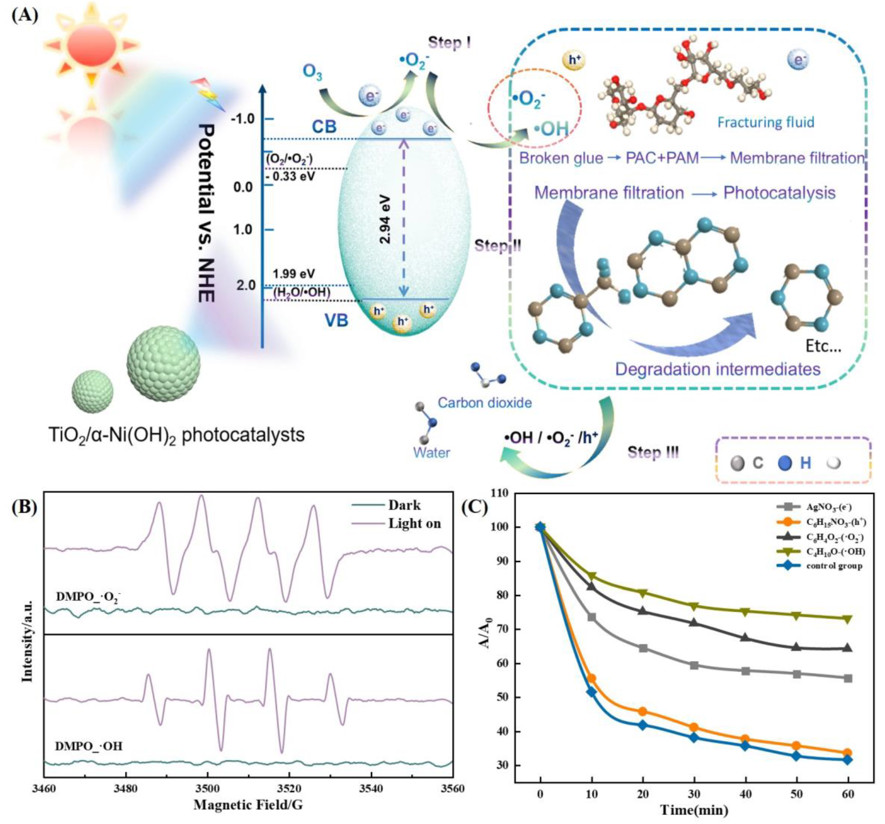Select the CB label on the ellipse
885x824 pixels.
[x=324, y=127]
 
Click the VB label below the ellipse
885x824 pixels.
[x=336, y=320]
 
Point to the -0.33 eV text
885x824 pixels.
[x=290, y=176]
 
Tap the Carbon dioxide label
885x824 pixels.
[x=484, y=403]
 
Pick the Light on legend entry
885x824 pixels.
[x=414, y=523]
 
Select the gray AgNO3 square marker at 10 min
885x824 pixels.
[x=592, y=617]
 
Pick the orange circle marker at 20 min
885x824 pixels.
[x=642, y=711]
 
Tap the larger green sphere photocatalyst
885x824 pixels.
[x=163, y=363]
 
